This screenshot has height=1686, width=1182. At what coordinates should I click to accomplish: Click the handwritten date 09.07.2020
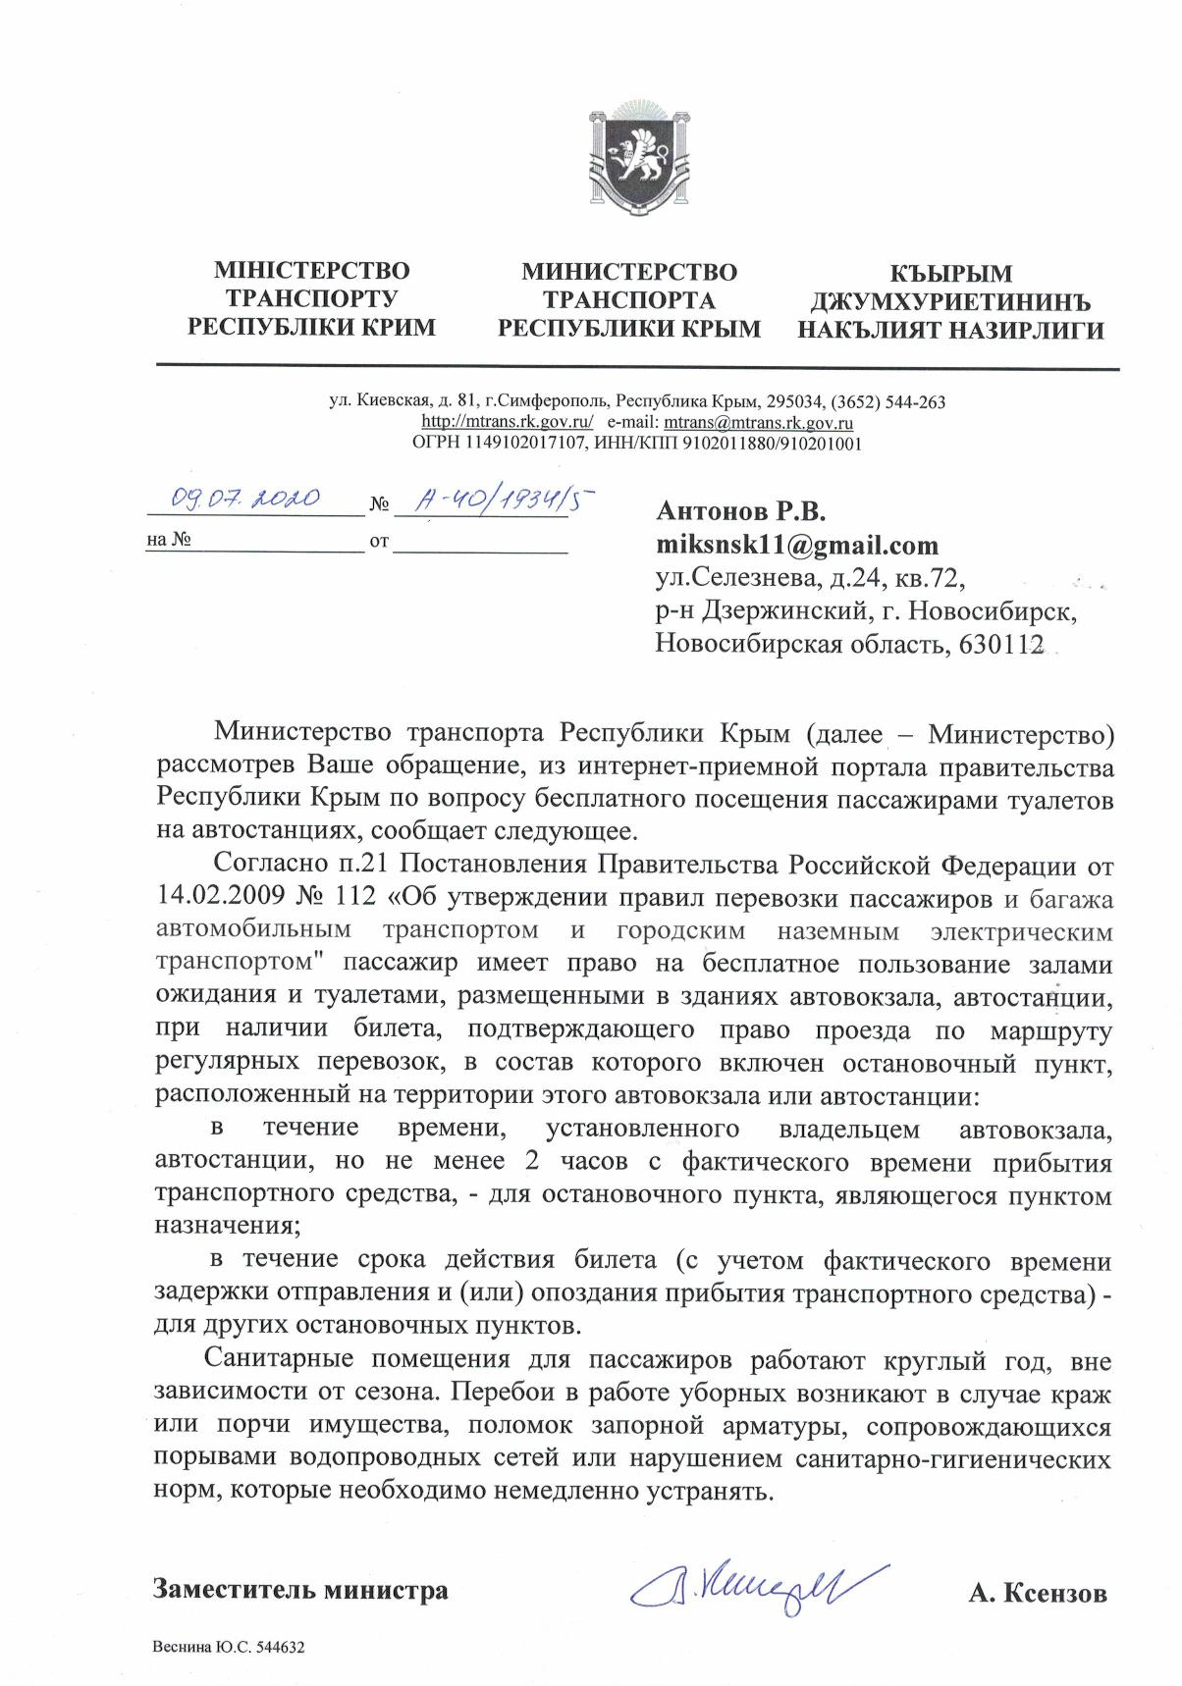pyautogui.click(x=244, y=499)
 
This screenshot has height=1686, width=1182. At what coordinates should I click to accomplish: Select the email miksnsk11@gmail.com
pyautogui.click(x=797, y=545)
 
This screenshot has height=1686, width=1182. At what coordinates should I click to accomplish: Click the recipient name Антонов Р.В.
pyautogui.click(x=741, y=511)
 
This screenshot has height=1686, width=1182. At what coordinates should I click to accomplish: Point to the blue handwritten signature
pyautogui.click(x=757, y=1584)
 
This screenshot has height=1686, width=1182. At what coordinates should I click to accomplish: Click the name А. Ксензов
pyautogui.click(x=1037, y=1593)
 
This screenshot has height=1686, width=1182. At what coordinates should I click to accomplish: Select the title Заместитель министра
pyautogui.click(x=300, y=1590)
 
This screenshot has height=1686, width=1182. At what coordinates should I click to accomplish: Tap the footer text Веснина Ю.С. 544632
pyautogui.click(x=228, y=1649)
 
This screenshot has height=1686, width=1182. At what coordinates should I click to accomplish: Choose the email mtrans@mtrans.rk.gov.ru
pyautogui.click(x=758, y=423)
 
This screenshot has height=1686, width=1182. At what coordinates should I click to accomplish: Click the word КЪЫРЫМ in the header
pyautogui.click(x=950, y=273)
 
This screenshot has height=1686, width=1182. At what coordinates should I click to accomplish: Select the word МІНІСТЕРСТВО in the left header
pyautogui.click(x=311, y=270)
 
